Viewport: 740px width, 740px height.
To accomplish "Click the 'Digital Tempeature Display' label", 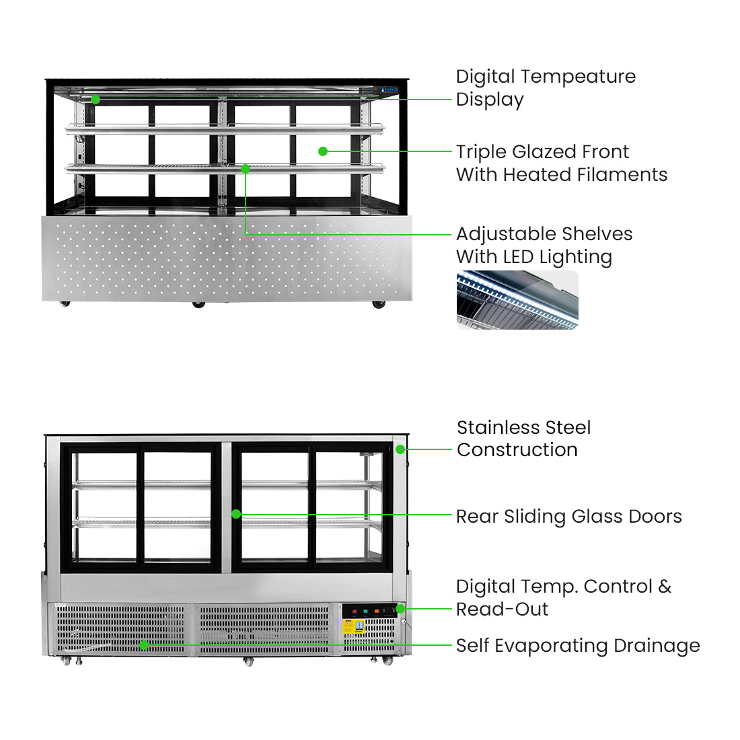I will click(x=546, y=88).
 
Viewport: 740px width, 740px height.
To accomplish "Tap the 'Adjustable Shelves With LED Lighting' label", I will click(x=544, y=246).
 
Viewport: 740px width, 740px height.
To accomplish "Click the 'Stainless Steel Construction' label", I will click(x=523, y=439).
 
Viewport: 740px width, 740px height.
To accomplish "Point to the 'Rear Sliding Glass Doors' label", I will click(x=568, y=517).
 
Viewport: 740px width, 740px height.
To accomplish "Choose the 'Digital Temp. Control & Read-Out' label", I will click(x=564, y=598).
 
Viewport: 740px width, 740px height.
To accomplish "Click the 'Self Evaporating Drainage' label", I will click(x=578, y=646).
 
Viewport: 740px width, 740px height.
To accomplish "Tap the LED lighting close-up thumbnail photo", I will click(x=517, y=300).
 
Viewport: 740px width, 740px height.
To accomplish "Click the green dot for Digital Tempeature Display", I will click(x=96, y=100).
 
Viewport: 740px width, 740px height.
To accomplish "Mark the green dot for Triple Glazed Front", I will click(x=323, y=151).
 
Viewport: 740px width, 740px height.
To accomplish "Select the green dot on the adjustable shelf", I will click(x=246, y=169).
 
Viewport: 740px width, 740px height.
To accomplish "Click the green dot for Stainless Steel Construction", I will click(x=400, y=449).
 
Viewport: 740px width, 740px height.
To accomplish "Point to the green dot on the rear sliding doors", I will click(x=236, y=514).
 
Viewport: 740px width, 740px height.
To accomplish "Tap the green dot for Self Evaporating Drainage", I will click(x=143, y=645).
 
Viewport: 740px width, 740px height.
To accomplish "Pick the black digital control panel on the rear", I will click(x=369, y=611).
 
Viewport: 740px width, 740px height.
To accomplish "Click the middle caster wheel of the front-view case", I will click(x=198, y=305).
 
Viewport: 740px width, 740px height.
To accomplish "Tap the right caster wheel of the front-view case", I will click(x=379, y=305).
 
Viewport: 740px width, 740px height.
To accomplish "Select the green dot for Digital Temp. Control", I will click(x=400, y=609).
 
